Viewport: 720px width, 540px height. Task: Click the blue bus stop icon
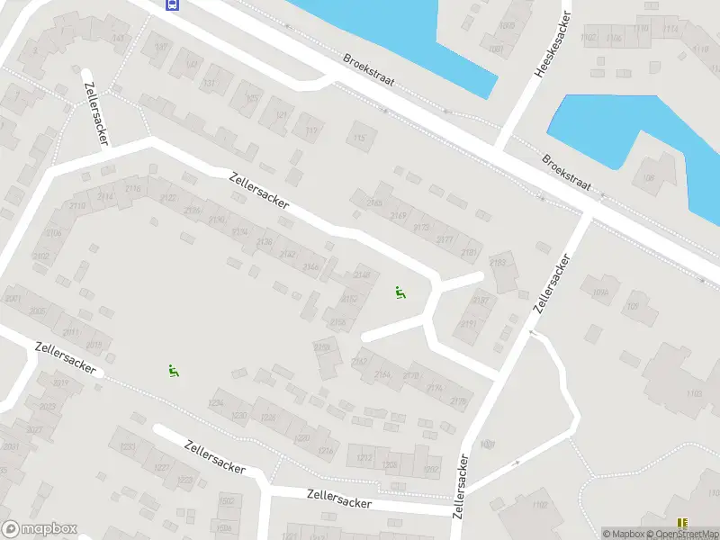pyautogui.click(x=172, y=4)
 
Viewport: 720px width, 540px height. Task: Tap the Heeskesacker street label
pyautogui.click(x=553, y=44)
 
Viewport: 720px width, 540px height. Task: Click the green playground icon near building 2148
pyautogui.click(x=400, y=291)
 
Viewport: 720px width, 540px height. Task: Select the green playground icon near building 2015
pyautogui.click(x=173, y=370)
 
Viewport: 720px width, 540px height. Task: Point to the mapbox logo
pyautogui.click(x=40, y=529)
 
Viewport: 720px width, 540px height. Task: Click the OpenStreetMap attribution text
pyautogui.click(x=685, y=534)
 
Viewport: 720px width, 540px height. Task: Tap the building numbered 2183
pyautogui.click(x=498, y=263)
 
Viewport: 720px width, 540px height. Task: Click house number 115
pyautogui.click(x=361, y=138)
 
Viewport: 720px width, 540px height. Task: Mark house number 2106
pyautogui.click(x=54, y=233)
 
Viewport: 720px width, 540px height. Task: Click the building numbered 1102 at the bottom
pyautogui.click(x=539, y=505)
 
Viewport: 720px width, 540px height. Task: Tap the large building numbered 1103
pyautogui.click(x=693, y=393)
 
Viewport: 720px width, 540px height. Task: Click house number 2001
pyautogui.click(x=13, y=300)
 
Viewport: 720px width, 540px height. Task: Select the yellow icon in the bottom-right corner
pyautogui.click(x=682, y=521)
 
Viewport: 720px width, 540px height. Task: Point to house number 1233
pyautogui.click(x=127, y=446)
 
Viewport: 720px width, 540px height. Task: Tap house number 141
pyautogui.click(x=120, y=38)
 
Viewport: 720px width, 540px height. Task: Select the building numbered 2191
pyautogui.click(x=469, y=322)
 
